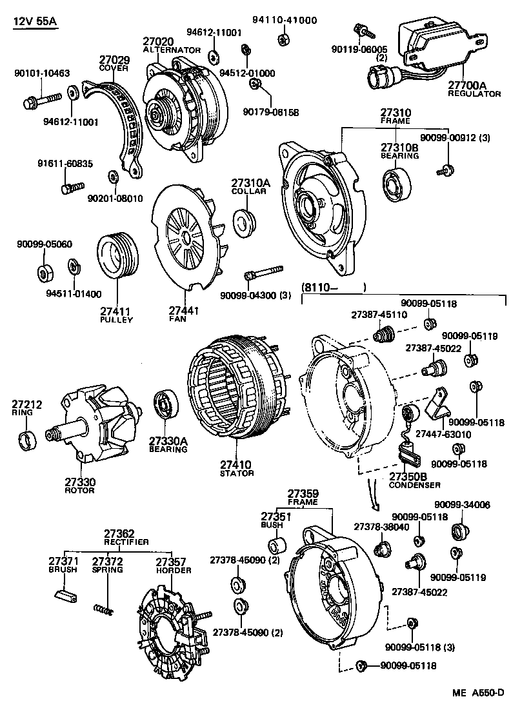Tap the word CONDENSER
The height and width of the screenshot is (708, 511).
[x=415, y=485]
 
